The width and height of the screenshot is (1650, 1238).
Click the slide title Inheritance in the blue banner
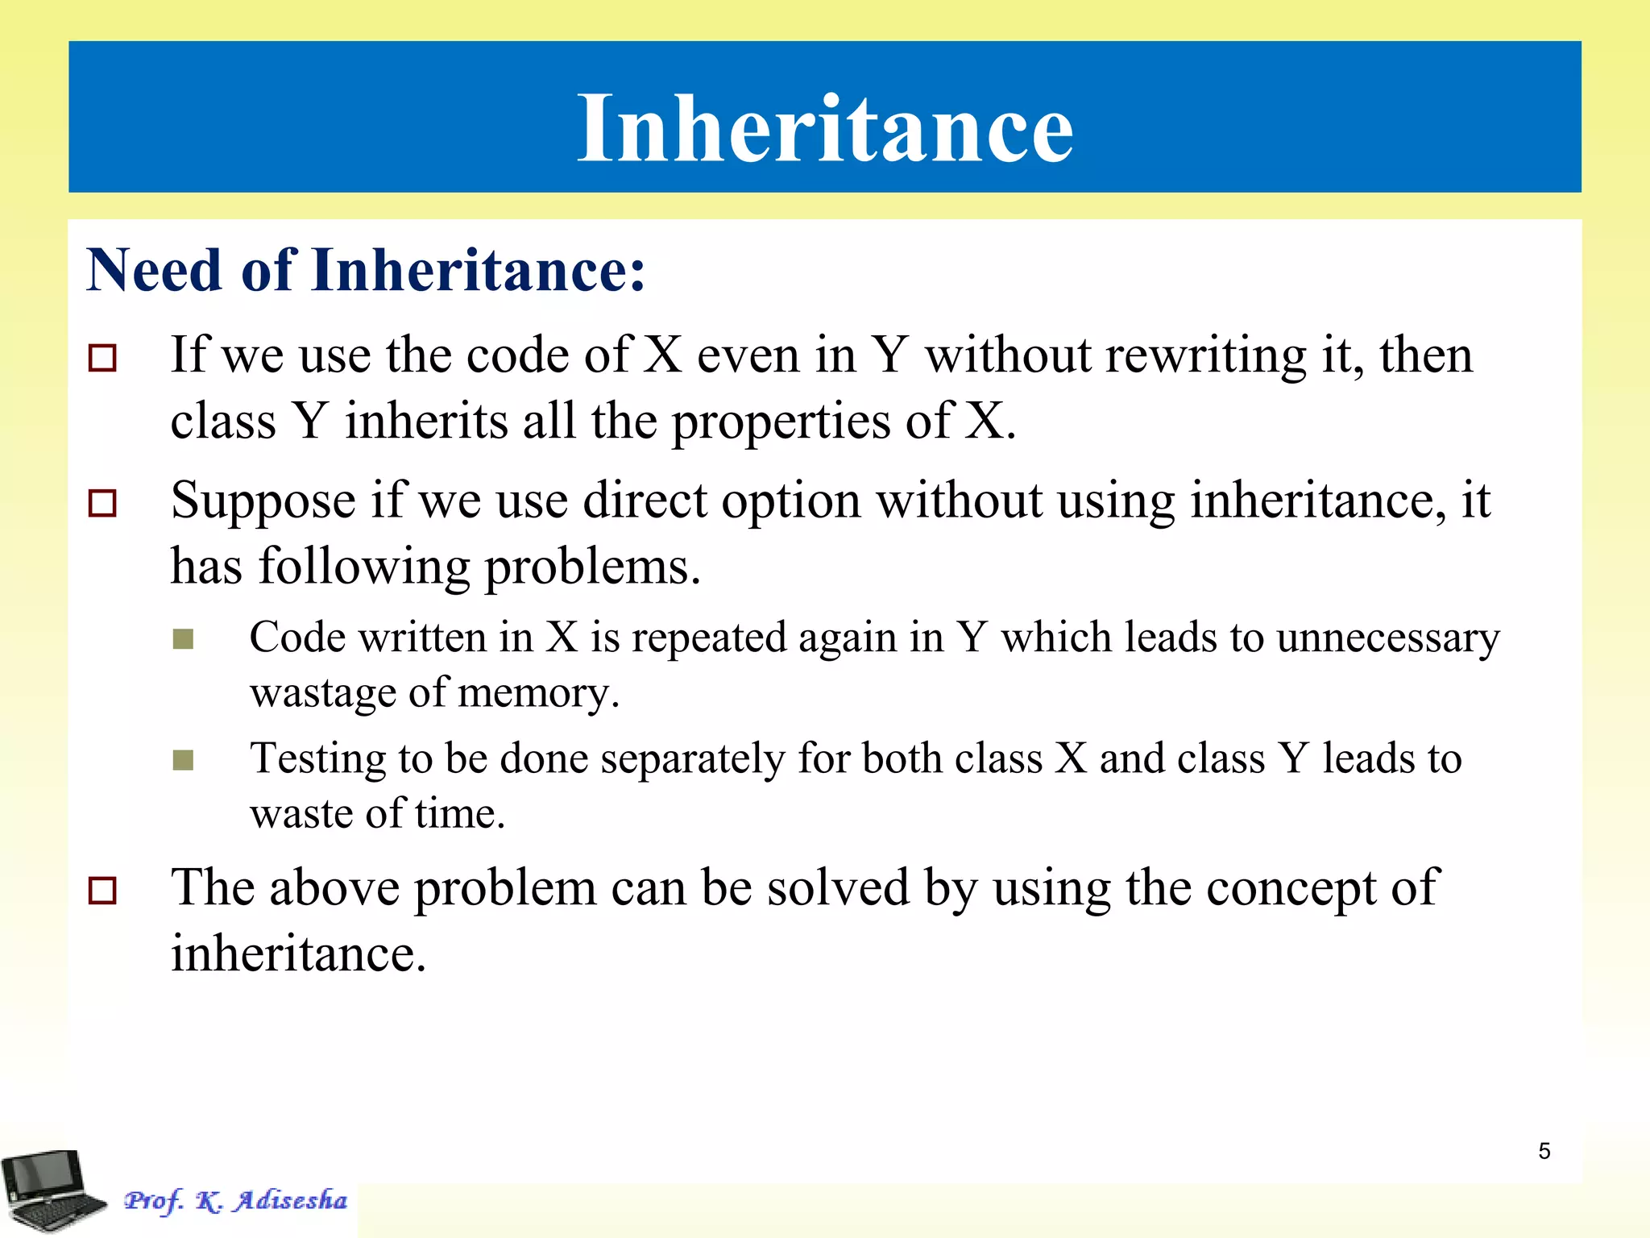click(825, 129)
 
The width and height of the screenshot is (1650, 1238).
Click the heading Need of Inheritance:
click(367, 270)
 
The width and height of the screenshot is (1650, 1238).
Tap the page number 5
click(1544, 1151)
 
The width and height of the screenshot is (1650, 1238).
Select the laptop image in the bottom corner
click(53, 1190)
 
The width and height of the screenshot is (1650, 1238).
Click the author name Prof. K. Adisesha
click(236, 1200)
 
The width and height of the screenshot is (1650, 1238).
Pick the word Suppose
click(263, 502)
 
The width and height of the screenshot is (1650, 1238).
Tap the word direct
click(645, 501)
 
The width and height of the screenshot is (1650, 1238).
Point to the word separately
click(692, 760)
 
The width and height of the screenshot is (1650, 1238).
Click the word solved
click(837, 887)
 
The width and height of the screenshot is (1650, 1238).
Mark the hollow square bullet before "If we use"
click(102, 358)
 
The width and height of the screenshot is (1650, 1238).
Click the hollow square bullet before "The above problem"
click(102, 891)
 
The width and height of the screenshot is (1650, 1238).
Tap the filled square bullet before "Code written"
click(184, 639)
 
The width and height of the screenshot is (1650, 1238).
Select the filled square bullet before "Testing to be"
click(184, 760)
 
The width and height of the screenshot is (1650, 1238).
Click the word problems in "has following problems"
click(592, 567)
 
